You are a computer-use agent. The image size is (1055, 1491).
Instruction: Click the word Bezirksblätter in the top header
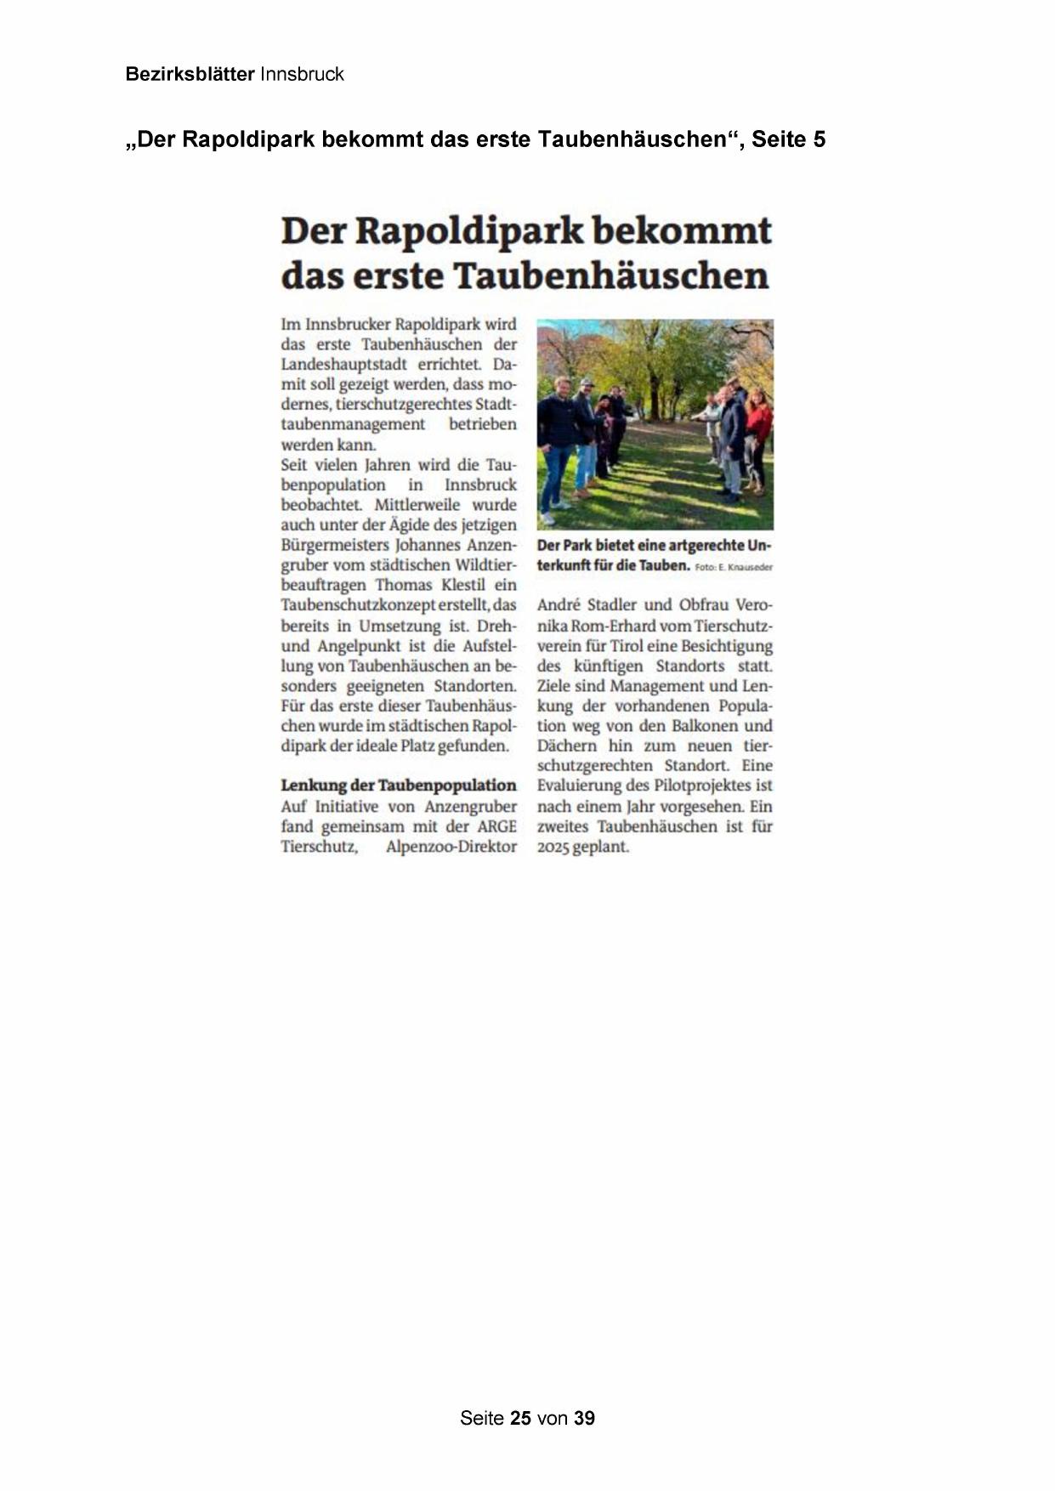[x=190, y=74]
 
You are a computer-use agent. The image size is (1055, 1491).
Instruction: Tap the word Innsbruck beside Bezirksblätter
[x=302, y=74]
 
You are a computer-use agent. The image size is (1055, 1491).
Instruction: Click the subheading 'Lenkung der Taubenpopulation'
[x=399, y=785]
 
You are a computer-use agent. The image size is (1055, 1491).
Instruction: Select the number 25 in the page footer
[x=520, y=1418]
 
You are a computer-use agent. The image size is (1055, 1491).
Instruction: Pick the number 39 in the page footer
[x=584, y=1418]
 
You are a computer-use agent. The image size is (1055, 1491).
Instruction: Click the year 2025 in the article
[x=553, y=847]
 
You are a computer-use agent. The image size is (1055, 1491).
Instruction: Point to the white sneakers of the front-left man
[x=549, y=515]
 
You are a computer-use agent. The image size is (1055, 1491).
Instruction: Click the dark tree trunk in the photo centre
[x=655, y=374]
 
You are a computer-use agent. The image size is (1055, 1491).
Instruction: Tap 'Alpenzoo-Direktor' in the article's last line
[x=451, y=847]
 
